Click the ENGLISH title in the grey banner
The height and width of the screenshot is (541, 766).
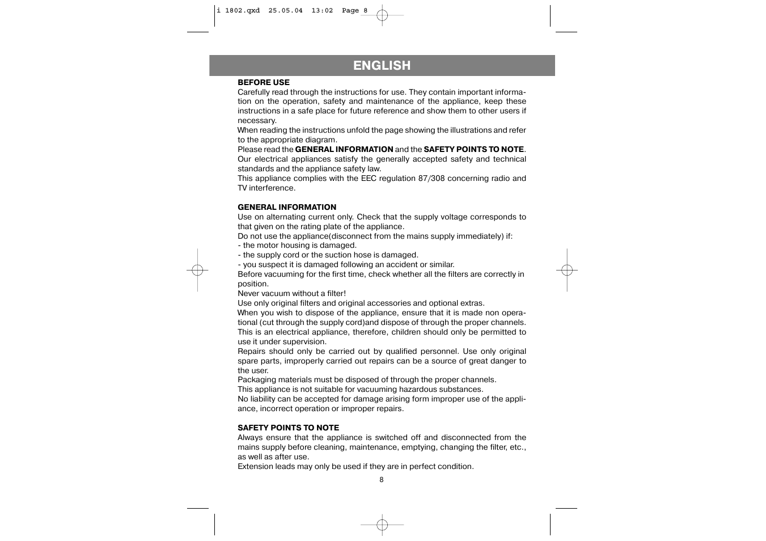[382, 66]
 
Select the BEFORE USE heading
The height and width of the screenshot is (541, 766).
[263, 83]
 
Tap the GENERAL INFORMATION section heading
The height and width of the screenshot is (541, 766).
[287, 208]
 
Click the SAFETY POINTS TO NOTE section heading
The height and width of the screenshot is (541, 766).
[288, 428]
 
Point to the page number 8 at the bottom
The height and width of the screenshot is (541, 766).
[382, 480]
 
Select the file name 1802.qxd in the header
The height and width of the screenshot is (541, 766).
[242, 10]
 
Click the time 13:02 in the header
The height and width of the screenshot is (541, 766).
[322, 10]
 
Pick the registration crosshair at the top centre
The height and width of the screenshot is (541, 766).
[382, 15]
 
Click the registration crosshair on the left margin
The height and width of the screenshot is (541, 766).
[197, 270]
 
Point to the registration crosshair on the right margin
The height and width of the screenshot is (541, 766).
[567, 270]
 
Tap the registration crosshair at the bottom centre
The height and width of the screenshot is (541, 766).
[382, 525]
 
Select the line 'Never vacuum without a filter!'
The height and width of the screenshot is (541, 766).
[291, 294]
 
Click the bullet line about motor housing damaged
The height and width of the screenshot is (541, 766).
[297, 246]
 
